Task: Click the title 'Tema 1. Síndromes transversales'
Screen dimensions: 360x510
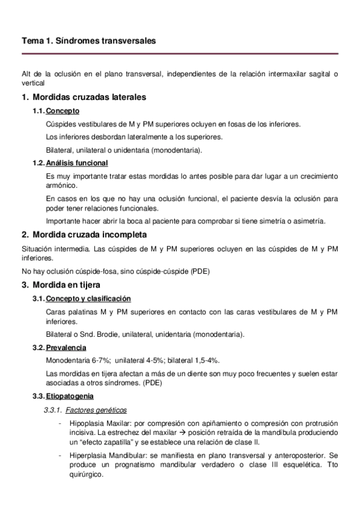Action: (x=88, y=41)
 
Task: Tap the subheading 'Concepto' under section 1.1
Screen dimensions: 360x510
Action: (x=63, y=111)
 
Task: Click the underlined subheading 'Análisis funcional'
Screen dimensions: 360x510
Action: (x=77, y=163)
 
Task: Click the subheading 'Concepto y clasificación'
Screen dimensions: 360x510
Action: (x=88, y=299)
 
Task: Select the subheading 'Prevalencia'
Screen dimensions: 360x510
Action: (x=66, y=348)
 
